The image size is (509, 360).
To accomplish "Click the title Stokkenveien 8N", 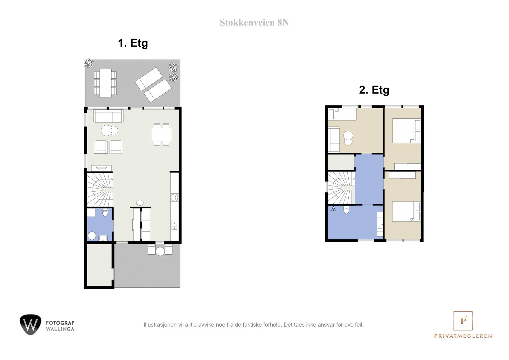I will click(x=254, y=23).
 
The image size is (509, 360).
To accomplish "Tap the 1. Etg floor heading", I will click(x=133, y=43).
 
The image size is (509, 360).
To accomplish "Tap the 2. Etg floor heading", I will click(x=374, y=90).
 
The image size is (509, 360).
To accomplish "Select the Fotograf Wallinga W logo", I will click(x=31, y=325).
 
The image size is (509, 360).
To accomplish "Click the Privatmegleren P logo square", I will click(x=463, y=321).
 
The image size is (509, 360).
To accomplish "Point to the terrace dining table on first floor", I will click(x=105, y=83).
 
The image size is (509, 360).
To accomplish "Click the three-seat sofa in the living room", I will click(x=108, y=116).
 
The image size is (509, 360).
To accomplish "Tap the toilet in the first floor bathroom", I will click(x=105, y=212).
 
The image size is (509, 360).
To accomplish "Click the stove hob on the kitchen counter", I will click(x=175, y=197).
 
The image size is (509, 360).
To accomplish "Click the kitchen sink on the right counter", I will click(x=174, y=225).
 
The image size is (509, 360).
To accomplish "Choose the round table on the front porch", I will click(x=160, y=251).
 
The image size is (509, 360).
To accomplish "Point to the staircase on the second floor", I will click(x=341, y=188).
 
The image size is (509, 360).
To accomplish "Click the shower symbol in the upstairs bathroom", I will click(x=333, y=209).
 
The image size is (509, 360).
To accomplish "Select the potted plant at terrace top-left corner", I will click(x=88, y=63).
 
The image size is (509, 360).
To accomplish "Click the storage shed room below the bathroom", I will click(x=99, y=265).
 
